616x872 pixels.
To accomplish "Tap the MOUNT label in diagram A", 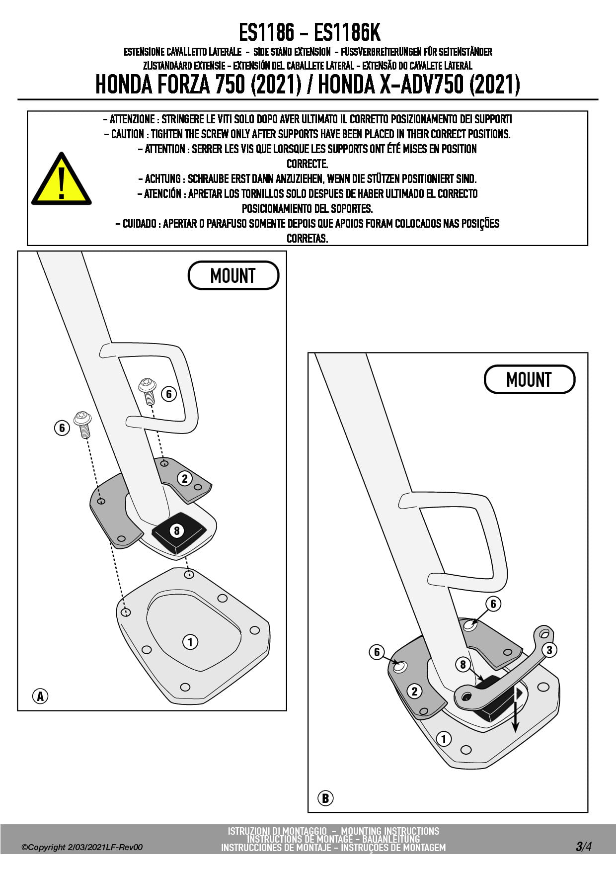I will point(233,275).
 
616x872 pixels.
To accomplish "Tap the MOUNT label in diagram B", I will point(529,380).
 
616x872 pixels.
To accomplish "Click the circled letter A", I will point(40,696).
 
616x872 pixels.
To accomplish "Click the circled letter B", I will point(325,798).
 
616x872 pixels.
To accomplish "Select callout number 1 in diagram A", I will point(190,642).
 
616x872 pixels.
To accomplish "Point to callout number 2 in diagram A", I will point(185,479).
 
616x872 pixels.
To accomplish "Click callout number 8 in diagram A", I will point(176,530).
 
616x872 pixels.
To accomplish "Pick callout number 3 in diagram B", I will point(549,650).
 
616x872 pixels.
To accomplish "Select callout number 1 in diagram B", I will point(444,739).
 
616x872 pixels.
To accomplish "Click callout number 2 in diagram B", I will point(414,691).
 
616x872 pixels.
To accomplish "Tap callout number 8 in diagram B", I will point(463,664).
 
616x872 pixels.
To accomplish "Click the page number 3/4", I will point(583,847).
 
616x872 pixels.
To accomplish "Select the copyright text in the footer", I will point(82,848).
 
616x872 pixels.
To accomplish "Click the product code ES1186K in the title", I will point(347,33).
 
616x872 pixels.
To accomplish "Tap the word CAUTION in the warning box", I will point(128,134).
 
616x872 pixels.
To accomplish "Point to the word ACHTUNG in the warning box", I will point(163,179).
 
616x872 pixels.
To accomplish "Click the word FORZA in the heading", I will point(184,85).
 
